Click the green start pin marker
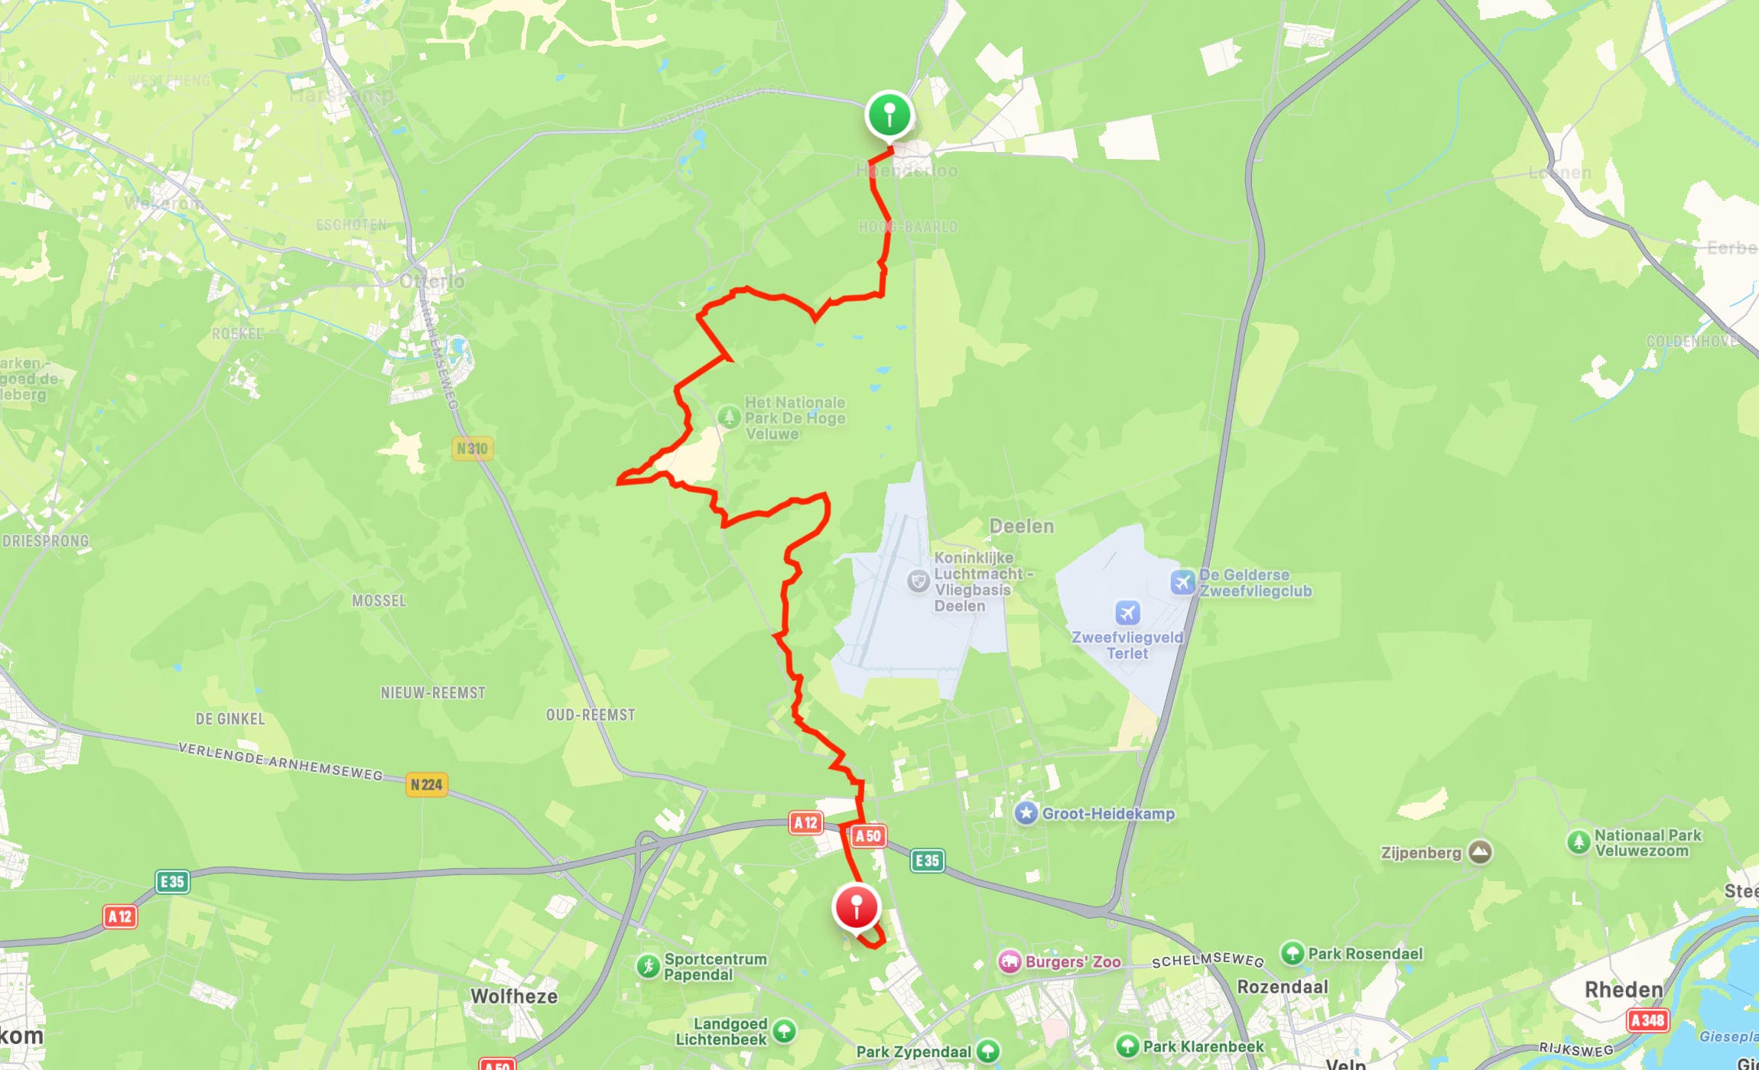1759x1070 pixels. coord(889,115)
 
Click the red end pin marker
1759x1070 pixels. coord(857,907)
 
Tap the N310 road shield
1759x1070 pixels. coord(472,449)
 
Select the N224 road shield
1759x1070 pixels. coord(426,784)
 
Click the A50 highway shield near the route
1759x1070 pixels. coord(868,836)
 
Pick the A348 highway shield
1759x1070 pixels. coord(1647,1020)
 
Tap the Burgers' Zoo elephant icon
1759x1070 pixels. coord(1010,961)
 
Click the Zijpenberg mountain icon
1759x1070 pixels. coord(1480,852)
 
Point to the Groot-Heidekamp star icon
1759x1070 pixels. coord(1026,813)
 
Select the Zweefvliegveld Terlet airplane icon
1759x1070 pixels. coord(1127,612)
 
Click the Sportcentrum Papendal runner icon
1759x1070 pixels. coord(648,966)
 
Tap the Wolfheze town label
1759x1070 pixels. coord(514,996)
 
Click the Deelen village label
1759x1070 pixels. coord(1022,526)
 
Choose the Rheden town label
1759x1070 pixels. coord(1624,990)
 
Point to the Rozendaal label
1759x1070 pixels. coord(1283,987)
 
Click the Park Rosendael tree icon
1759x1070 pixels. coord(1292,953)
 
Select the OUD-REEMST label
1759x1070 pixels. coord(590,715)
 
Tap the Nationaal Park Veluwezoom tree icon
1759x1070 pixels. coord(1579,842)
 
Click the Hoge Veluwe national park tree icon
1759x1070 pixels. coord(729,417)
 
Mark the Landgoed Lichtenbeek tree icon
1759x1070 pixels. coord(783,1031)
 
